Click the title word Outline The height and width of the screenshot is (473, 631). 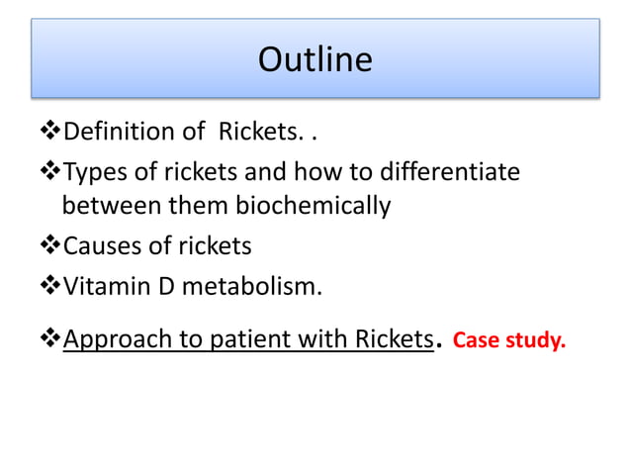(315, 60)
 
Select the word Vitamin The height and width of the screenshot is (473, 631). (105, 288)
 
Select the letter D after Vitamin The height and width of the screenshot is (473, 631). (161, 288)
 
